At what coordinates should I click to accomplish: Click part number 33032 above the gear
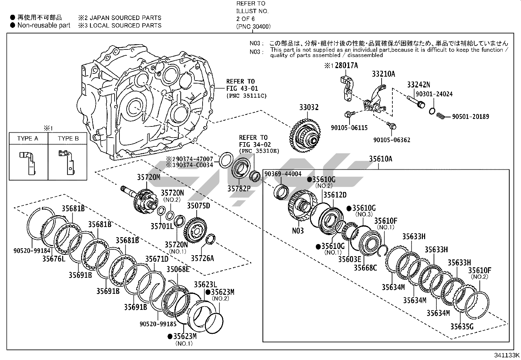tap(309, 107)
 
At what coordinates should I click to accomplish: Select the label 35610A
tap(380, 159)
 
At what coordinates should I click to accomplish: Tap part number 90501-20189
tap(471, 117)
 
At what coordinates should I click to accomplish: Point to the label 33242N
tap(418, 85)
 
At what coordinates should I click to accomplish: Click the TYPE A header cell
tap(28, 139)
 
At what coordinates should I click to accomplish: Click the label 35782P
tap(239, 189)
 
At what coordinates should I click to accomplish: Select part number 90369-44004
tap(283, 174)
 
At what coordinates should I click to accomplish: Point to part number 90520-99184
tap(32, 251)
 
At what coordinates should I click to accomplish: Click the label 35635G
tap(461, 327)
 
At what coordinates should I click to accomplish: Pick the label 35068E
tap(178, 269)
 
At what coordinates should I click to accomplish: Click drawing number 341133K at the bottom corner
tap(507, 355)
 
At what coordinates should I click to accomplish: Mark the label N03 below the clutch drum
tap(298, 231)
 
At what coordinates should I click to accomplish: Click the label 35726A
tap(202, 258)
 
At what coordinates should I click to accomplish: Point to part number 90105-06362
tap(392, 140)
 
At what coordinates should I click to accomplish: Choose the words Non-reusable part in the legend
tap(44, 25)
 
